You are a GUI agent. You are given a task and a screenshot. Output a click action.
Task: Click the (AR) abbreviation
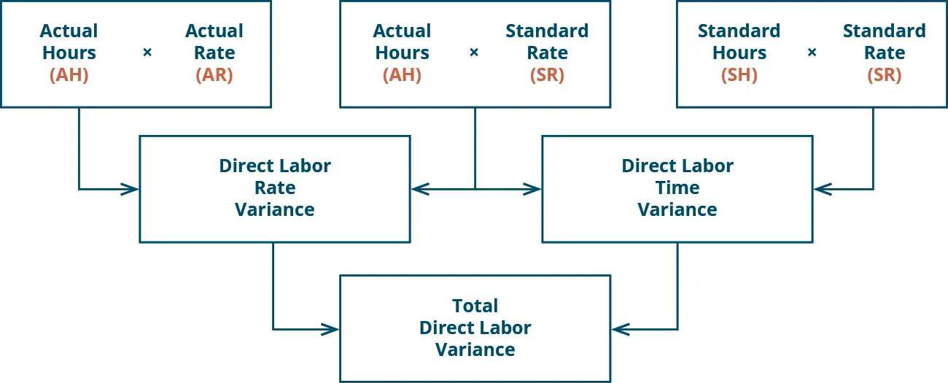[x=214, y=75]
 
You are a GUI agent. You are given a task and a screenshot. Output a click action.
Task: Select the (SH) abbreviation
[x=739, y=75]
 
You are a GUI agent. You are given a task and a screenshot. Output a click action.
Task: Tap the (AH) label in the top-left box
[x=69, y=75]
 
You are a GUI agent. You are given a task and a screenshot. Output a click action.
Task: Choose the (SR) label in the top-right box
[x=884, y=75]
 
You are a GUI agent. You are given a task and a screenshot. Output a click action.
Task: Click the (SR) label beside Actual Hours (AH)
[x=547, y=75]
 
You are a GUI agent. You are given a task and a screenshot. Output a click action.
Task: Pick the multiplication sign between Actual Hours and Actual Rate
[x=147, y=53]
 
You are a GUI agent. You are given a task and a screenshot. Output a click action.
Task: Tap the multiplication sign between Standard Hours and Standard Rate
[x=812, y=53]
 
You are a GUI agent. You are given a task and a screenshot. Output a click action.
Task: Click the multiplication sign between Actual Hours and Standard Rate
[x=474, y=53]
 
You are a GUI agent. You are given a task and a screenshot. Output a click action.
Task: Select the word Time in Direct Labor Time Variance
[x=677, y=188]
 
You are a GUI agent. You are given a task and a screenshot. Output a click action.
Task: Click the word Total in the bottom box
[x=475, y=306]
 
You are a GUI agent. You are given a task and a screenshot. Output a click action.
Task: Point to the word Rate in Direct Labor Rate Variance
[x=274, y=188]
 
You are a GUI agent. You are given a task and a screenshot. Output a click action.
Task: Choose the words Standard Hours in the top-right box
[x=739, y=42]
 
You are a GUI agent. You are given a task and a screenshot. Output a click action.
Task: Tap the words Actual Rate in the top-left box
[x=214, y=42]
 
